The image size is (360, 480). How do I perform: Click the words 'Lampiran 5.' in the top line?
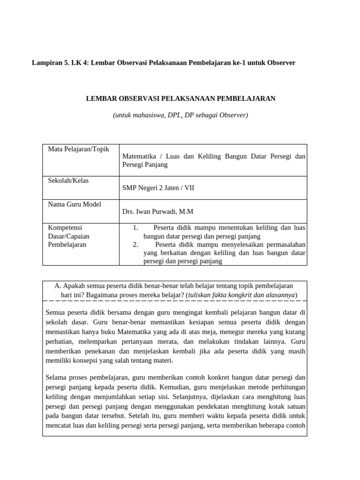pyautogui.click(x=49, y=62)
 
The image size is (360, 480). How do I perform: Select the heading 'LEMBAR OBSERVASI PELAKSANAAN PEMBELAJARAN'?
pyautogui.click(x=181, y=98)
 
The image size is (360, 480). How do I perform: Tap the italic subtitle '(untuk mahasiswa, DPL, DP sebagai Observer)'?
pyautogui.click(x=180, y=114)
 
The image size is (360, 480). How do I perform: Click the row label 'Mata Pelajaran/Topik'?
pyautogui.click(x=78, y=149)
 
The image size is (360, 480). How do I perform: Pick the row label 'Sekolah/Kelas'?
pyautogui.click(x=68, y=180)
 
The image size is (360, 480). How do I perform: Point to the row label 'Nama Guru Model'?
pyautogui.click(x=75, y=204)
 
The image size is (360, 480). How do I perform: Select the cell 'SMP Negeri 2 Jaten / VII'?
pyautogui.click(x=158, y=188)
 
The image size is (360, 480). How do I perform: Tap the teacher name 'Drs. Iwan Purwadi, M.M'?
pyautogui.click(x=157, y=211)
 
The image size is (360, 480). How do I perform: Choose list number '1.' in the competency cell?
pyautogui.click(x=135, y=228)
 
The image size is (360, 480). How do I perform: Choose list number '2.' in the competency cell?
pyautogui.click(x=135, y=244)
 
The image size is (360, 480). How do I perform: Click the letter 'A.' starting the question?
pyautogui.click(x=58, y=285)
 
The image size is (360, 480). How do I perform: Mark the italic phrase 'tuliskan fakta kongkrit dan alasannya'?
pyautogui.click(x=241, y=294)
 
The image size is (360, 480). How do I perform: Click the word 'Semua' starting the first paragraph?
pyautogui.click(x=56, y=312)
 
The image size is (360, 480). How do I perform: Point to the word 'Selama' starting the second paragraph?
pyautogui.click(x=57, y=377)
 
